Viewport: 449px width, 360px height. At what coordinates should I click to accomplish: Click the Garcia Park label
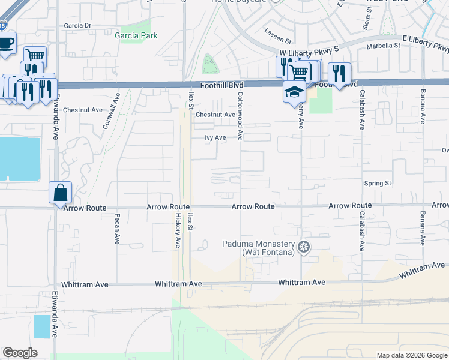tap(136, 35)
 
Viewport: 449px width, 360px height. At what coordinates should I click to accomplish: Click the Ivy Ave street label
tap(215, 137)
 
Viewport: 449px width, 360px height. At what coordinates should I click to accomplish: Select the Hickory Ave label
tap(178, 233)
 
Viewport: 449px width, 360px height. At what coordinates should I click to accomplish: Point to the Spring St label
tap(378, 183)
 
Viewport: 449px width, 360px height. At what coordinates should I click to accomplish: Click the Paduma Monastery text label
tap(259, 248)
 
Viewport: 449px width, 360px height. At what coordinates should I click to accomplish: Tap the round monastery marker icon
tap(304, 247)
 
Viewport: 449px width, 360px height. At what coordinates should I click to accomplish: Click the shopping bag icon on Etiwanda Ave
tap(61, 193)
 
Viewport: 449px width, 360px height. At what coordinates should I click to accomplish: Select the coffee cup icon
tap(6, 44)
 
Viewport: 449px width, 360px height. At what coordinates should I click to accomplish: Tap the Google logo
tap(20, 353)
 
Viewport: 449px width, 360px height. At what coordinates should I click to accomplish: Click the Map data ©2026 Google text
tap(411, 355)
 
